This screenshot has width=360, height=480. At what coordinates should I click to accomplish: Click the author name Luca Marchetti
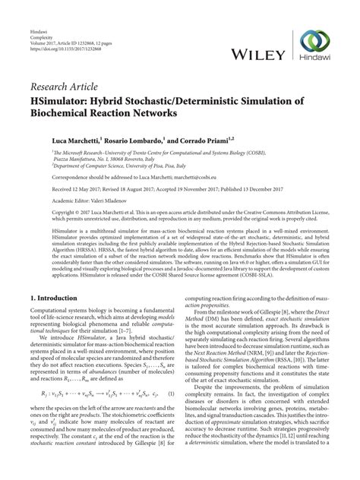pos(51,141)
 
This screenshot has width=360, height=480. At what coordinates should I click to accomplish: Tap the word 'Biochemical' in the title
pos(59,112)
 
